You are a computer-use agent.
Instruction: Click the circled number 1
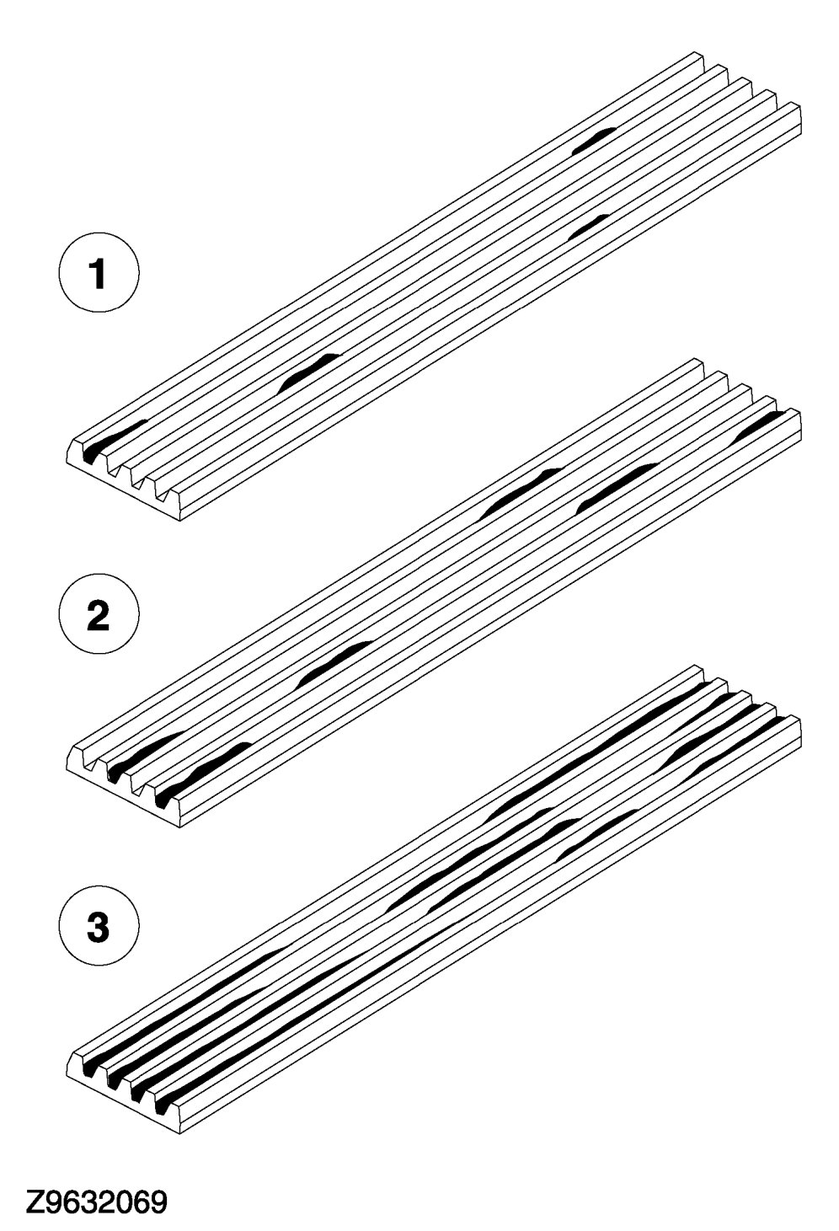point(99,275)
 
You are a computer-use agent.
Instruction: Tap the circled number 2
point(99,616)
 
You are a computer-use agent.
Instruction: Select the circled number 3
point(99,929)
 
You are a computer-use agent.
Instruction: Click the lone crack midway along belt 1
point(308,371)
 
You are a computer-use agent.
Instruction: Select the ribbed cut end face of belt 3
point(126,1096)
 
